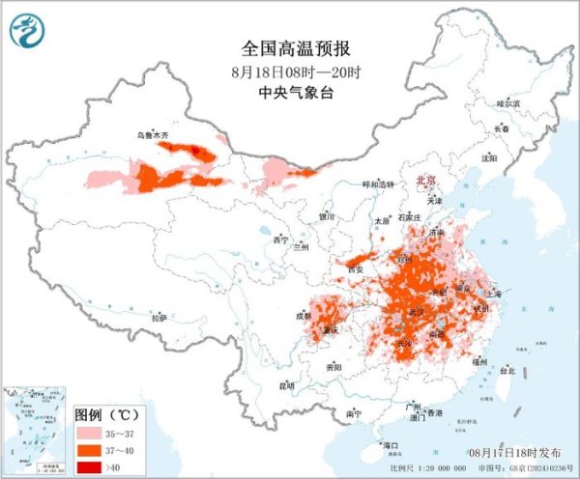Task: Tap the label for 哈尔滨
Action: (507, 102)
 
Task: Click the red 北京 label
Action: (425, 181)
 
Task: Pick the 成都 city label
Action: (304, 315)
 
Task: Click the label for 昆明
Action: (286, 386)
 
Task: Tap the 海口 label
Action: (391, 445)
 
